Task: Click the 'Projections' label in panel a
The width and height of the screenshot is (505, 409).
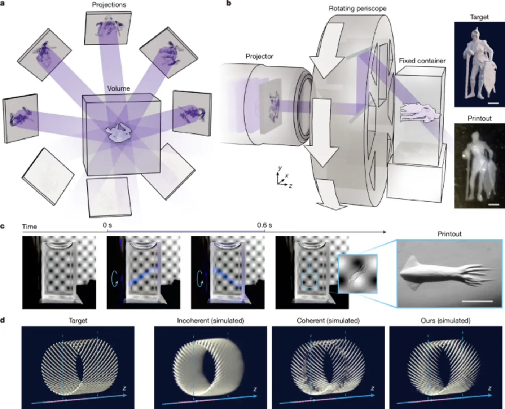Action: (109, 5)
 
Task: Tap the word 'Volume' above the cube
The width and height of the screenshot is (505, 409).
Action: (118, 88)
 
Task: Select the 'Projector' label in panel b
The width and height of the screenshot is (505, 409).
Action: (259, 56)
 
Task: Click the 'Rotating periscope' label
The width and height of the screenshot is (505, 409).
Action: (357, 8)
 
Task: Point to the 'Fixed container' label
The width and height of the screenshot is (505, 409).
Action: (422, 61)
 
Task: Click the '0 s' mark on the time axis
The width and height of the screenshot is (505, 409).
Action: (107, 225)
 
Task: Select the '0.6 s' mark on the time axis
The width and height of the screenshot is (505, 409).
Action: (264, 225)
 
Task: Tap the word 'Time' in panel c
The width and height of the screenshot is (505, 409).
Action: (29, 227)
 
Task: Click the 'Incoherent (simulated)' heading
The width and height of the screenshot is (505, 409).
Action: (210, 320)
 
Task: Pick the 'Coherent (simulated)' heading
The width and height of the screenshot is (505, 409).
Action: (328, 320)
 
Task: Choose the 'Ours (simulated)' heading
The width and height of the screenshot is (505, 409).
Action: (445, 320)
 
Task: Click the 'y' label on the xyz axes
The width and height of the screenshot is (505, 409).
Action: (280, 168)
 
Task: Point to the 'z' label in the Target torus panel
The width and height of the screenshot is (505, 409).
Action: (124, 388)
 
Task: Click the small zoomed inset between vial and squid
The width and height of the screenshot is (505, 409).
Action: (357, 273)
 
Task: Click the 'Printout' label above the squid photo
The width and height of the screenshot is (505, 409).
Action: (449, 234)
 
